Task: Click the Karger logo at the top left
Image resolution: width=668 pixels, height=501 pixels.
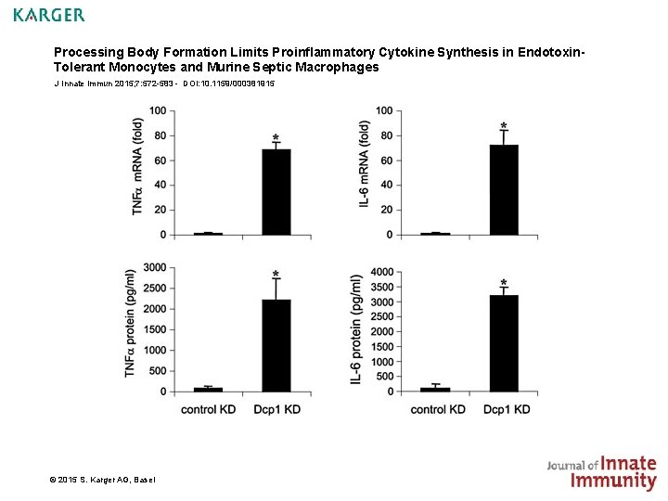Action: (x=49, y=15)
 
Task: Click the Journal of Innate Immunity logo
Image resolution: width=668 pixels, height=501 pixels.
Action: (x=601, y=472)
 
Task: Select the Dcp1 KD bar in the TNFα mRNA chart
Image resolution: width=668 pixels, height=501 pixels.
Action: (x=276, y=191)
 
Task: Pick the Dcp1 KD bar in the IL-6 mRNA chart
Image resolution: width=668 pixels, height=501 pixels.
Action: (x=504, y=189)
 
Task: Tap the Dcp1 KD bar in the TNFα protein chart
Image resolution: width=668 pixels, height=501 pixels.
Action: (x=276, y=345)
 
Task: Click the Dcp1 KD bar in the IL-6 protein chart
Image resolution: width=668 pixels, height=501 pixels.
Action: (x=504, y=342)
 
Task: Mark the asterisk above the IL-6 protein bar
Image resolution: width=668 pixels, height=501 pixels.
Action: (x=504, y=283)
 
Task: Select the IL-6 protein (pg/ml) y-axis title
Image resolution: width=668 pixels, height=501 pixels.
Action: (x=357, y=330)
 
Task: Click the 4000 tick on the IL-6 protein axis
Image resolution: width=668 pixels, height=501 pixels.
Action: (x=382, y=272)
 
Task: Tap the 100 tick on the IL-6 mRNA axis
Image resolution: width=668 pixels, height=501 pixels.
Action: (x=384, y=111)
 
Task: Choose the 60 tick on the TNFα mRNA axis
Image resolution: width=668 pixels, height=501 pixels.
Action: (x=160, y=161)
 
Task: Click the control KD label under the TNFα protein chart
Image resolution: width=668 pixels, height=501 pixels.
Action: (x=208, y=409)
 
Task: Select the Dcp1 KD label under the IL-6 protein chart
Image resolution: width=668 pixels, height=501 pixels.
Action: (x=507, y=409)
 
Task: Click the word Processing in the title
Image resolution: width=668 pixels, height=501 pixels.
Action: (x=86, y=53)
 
